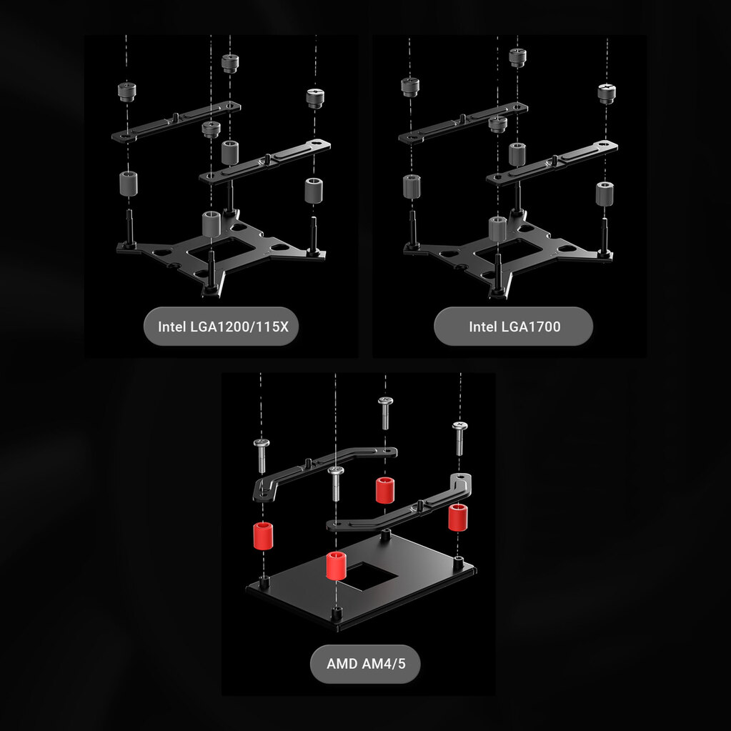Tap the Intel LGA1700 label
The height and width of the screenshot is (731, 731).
pyautogui.click(x=514, y=327)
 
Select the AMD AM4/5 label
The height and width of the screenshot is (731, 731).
pyautogui.click(x=366, y=663)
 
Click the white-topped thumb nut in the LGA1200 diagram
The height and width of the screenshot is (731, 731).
pyautogui.click(x=315, y=98)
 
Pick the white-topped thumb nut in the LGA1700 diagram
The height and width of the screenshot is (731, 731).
pyautogui.click(x=607, y=94)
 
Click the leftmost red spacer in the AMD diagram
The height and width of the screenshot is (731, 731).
pyautogui.click(x=263, y=536)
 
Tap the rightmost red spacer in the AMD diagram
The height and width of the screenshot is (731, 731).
pyautogui.click(x=458, y=517)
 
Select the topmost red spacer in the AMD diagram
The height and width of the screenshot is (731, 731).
pyautogui.click(x=385, y=490)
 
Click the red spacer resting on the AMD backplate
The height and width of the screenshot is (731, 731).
pyautogui.click(x=336, y=565)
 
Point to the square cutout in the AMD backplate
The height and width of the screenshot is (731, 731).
pyautogui.click(x=368, y=576)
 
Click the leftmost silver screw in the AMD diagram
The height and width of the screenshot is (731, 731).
pyautogui.click(x=262, y=455)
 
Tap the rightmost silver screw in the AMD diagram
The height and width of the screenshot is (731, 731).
pyautogui.click(x=460, y=438)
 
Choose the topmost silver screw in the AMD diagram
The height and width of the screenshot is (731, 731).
pyautogui.click(x=386, y=413)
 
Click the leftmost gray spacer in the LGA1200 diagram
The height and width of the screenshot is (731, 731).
pyautogui.click(x=128, y=184)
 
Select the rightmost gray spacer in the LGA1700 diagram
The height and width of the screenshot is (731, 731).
pyautogui.click(x=605, y=194)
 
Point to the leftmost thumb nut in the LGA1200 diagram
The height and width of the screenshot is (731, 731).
pyautogui.click(x=126, y=92)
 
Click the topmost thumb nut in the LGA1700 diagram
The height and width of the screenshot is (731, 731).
pyautogui.click(x=517, y=58)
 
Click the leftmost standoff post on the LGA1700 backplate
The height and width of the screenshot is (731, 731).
pyautogui.click(x=412, y=229)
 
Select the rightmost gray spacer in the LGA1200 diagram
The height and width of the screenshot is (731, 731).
pyautogui.click(x=314, y=190)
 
